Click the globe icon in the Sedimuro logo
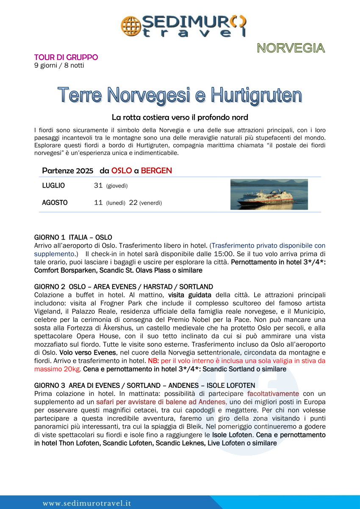click(129, 25)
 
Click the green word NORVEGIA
click(291, 48)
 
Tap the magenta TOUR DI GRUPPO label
click(66, 57)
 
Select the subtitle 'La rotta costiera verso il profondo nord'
click(180, 117)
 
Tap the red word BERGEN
click(156, 171)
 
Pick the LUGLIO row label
click(53, 185)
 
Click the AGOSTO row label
click(55, 203)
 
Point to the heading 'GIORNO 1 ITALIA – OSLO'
click(73, 237)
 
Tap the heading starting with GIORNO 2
click(123, 287)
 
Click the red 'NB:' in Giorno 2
click(153, 361)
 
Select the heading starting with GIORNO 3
click(144, 385)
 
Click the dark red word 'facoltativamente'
click(273, 393)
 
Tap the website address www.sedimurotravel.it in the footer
click(87, 503)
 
